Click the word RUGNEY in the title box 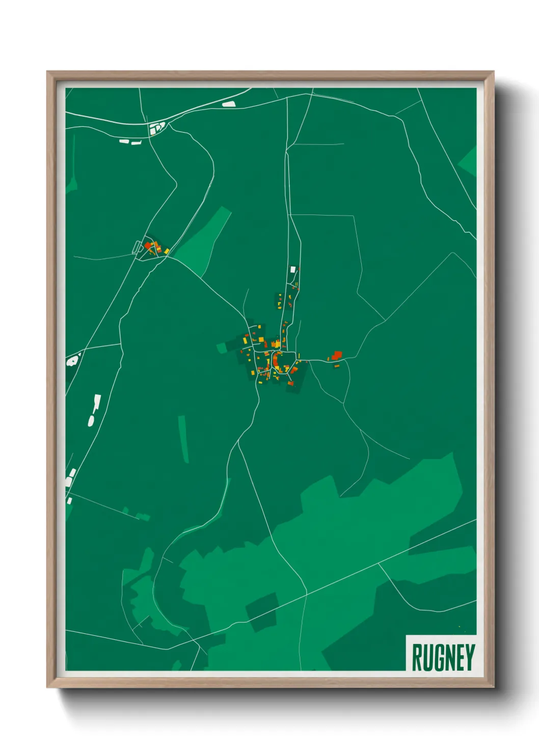(x=443, y=657)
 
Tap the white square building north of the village (x=293, y=269)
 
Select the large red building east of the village (x=337, y=355)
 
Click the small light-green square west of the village (x=221, y=348)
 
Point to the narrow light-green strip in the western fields (x=183, y=439)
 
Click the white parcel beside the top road (x=229, y=104)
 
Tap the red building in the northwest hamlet (x=148, y=246)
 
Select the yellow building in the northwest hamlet (x=166, y=251)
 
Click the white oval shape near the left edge (x=91, y=421)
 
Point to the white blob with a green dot (x=72, y=361)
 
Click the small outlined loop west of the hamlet (x=136, y=247)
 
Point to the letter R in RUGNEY (x=417, y=657)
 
